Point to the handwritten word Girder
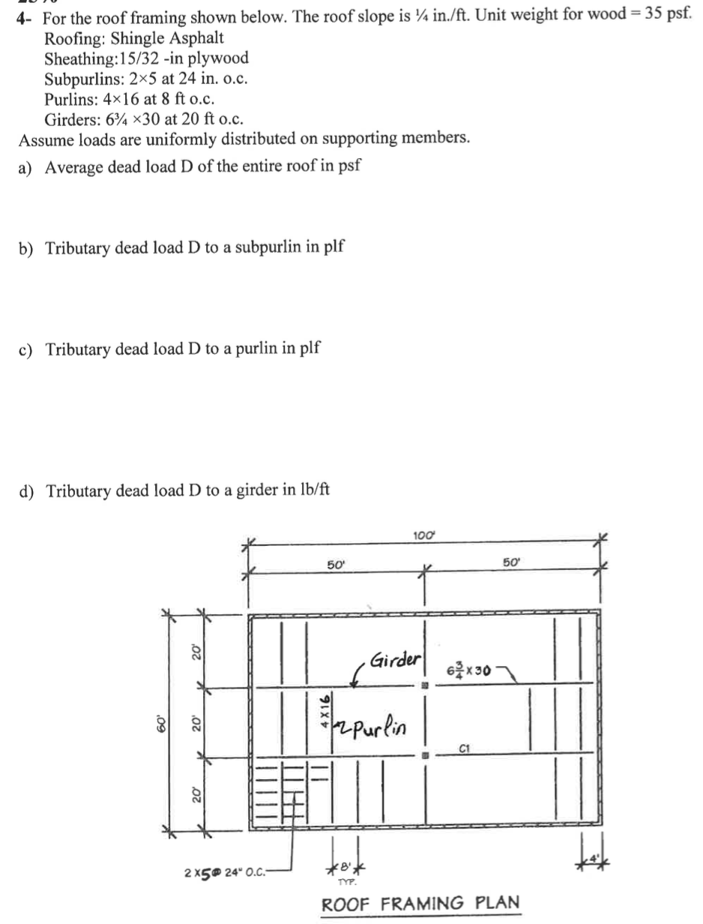point(395,660)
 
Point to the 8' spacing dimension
point(345,866)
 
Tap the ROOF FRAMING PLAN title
point(420,903)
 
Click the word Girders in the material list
point(71,118)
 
